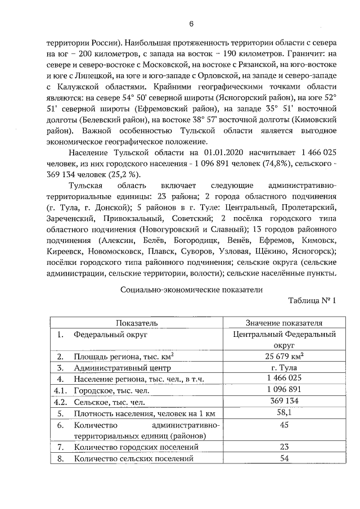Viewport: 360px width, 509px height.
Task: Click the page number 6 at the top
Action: click(x=191, y=24)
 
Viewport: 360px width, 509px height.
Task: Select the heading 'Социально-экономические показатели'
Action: click(x=191, y=289)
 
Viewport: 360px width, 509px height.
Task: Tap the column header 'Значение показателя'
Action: click(x=284, y=323)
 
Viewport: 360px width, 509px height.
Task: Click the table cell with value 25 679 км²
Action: click(x=284, y=356)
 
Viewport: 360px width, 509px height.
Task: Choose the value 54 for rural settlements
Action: click(x=284, y=459)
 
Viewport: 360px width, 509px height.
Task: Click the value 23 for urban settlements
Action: click(x=284, y=447)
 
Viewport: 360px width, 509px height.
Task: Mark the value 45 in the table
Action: click(x=284, y=424)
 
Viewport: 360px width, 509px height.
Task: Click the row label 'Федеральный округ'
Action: click(x=110, y=334)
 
